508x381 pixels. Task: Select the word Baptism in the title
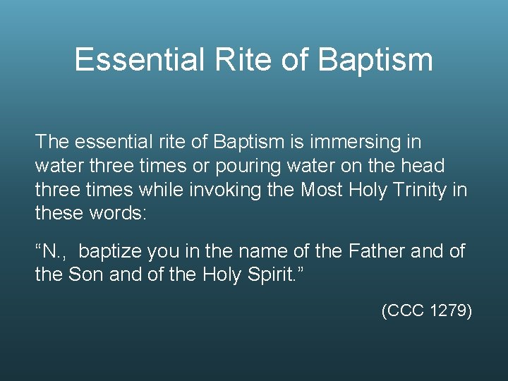(x=375, y=61)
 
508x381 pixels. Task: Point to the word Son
(x=85, y=274)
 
